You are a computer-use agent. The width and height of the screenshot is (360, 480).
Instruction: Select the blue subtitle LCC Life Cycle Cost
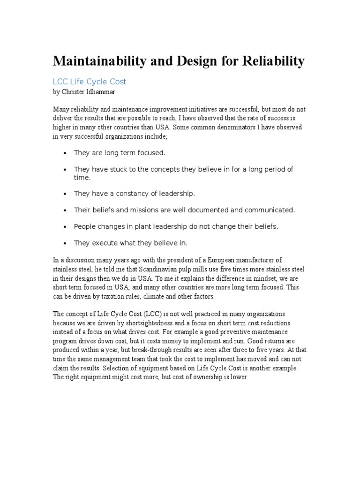click(x=90, y=82)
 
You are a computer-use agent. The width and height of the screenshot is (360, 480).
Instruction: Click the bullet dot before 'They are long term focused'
click(x=64, y=153)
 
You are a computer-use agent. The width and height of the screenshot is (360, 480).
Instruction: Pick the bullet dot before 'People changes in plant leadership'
click(x=64, y=226)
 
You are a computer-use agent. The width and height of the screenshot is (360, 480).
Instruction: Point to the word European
click(x=220, y=260)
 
